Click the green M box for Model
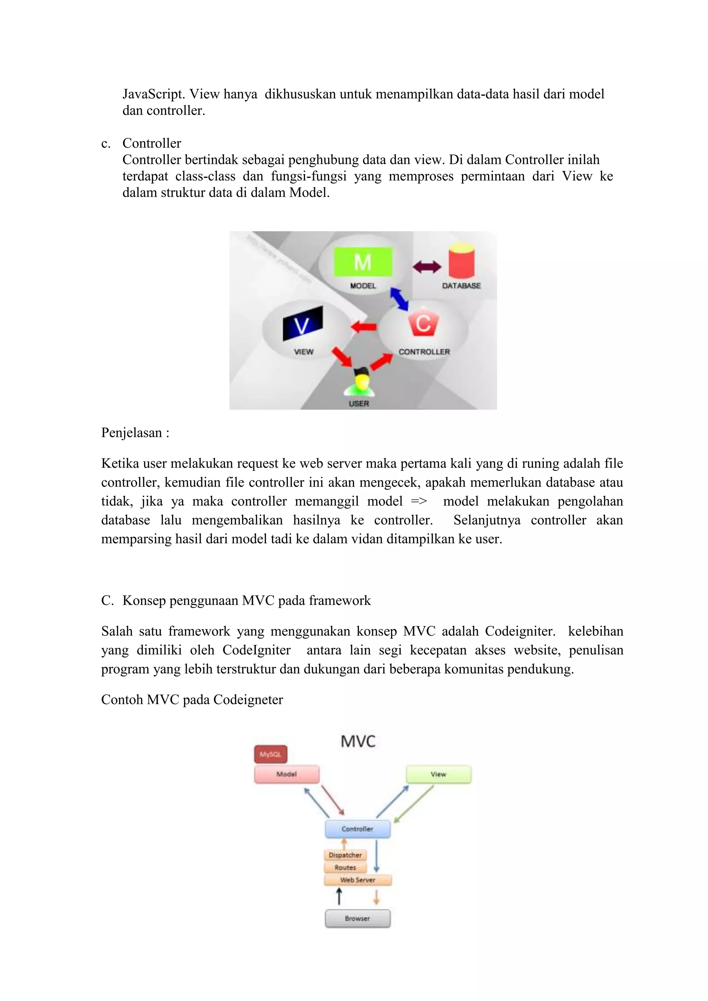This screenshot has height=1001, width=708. click(363, 262)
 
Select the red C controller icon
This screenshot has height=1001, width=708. click(423, 324)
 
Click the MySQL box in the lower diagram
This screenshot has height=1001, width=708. click(271, 754)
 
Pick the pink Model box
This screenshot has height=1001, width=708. click(287, 774)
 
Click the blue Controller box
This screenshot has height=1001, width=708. click(357, 829)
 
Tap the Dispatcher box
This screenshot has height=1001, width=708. click(345, 855)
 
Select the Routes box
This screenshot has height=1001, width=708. click(345, 868)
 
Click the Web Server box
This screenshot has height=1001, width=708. click(357, 880)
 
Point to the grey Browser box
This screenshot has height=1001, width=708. click(357, 918)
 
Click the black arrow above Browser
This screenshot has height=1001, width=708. click(339, 897)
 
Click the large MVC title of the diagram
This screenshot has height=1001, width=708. click(358, 741)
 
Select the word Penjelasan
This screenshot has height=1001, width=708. click(131, 432)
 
